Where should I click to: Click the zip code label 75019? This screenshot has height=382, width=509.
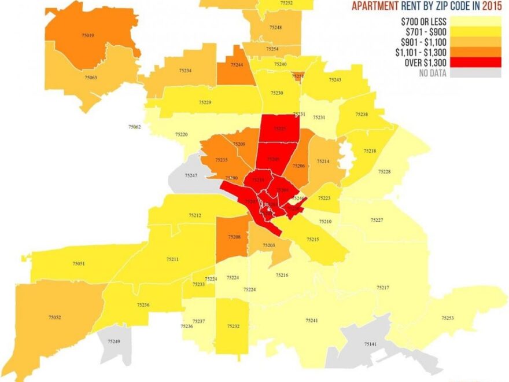tap(87, 36)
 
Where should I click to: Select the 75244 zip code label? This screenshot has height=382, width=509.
tap(237, 65)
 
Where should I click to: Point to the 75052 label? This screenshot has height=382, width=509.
tap(55, 317)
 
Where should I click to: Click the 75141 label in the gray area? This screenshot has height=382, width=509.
tap(370, 344)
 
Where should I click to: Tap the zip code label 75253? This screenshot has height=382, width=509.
tap(447, 318)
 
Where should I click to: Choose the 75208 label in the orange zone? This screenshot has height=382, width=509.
tap(234, 237)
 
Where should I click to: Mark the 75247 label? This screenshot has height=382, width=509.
tap(191, 175)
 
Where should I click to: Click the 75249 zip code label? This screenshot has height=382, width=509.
tap(114, 341)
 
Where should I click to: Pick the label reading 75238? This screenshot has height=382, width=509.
tap(362, 115)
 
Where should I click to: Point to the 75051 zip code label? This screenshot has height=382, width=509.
tap(79, 263)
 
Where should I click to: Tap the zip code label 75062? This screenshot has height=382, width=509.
tap(134, 126)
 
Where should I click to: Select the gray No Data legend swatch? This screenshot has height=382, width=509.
tap(476, 73)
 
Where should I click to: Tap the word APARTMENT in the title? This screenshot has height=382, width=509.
tap(375, 7)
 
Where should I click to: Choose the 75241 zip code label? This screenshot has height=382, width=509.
tap(312, 320)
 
